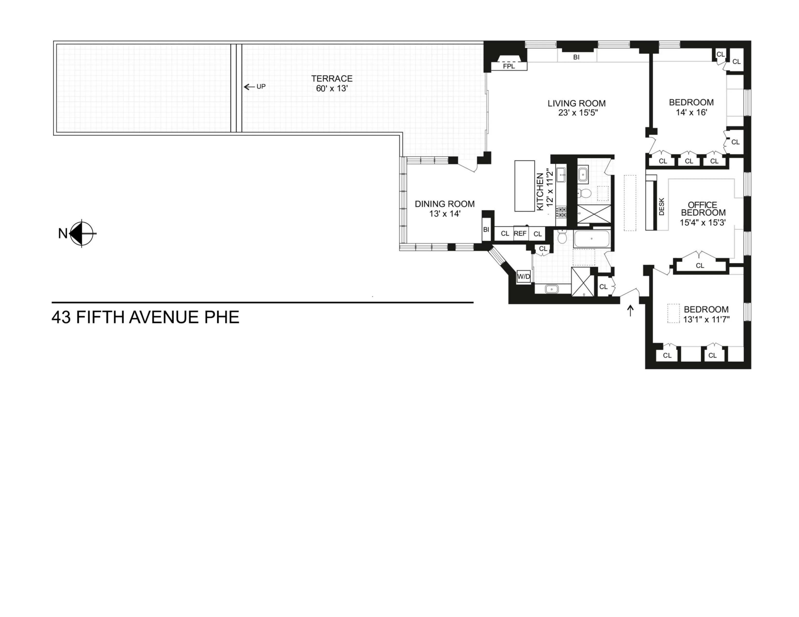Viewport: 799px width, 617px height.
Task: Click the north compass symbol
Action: pos(82,233)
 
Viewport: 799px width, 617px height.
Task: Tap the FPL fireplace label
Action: pos(508,66)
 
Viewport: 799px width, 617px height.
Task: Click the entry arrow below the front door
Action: pos(630,311)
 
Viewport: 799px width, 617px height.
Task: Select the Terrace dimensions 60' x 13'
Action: pos(331,89)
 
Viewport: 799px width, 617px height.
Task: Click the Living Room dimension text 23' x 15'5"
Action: pos(578,113)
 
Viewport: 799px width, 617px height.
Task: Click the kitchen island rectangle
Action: pos(524,186)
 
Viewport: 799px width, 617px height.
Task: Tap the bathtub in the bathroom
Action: pos(592,239)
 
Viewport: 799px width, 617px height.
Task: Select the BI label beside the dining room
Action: pos(486,230)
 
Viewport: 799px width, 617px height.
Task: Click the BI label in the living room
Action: pos(576,57)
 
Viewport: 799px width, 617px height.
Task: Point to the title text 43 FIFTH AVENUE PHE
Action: pos(145,317)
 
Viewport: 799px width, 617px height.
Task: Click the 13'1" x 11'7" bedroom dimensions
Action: pos(706,319)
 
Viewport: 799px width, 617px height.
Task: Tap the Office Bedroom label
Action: pos(703,209)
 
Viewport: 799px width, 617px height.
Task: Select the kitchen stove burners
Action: pos(561,212)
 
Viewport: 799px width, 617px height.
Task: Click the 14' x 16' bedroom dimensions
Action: pos(691,112)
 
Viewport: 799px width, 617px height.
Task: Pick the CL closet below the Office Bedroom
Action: pos(700,266)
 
